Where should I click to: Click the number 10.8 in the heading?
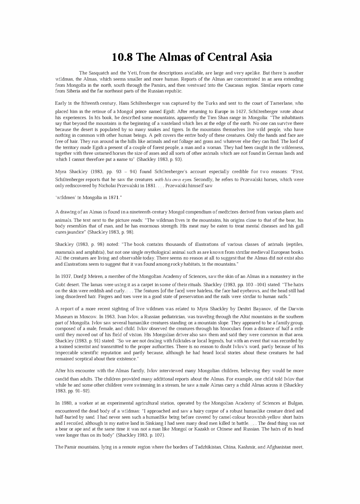(x=122, y=57)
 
